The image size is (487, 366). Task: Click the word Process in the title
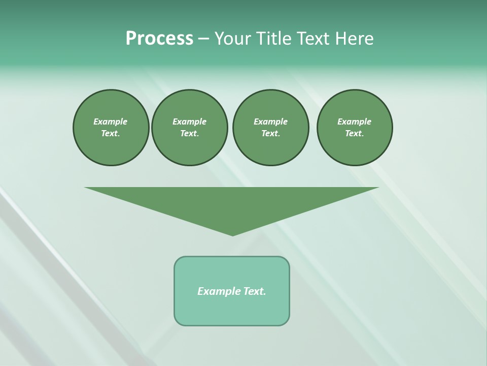click(x=159, y=39)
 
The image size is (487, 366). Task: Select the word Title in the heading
click(x=273, y=39)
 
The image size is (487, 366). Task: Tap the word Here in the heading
click(x=354, y=39)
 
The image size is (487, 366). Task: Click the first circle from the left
click(x=111, y=128)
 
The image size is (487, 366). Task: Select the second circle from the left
click(x=189, y=128)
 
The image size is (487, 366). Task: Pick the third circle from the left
click(x=270, y=128)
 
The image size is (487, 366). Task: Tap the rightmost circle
click(x=354, y=128)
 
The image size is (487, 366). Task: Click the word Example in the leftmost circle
click(x=111, y=121)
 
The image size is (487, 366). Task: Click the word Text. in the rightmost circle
click(x=354, y=133)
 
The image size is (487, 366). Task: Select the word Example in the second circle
click(x=189, y=121)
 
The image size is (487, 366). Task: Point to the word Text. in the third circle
click(x=270, y=133)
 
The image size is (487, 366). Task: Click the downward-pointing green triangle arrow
click(x=232, y=203)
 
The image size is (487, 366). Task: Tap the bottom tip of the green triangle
click(x=232, y=234)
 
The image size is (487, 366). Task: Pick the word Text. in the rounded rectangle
click(x=255, y=291)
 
